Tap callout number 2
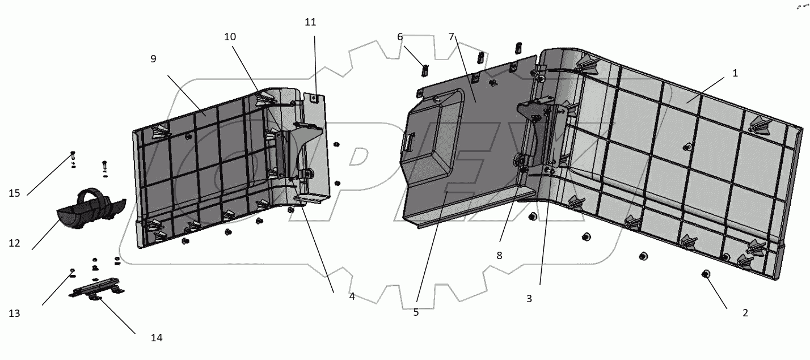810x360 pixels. [745, 313]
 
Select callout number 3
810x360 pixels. [529, 299]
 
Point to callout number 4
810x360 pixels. [352, 296]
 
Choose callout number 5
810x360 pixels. [416, 312]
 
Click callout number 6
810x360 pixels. [400, 37]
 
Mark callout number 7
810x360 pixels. [452, 37]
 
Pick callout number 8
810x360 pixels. [499, 256]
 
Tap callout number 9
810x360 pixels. [153, 58]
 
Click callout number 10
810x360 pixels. [230, 37]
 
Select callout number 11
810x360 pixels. [310, 22]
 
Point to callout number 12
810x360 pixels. [14, 243]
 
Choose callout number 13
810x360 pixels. [14, 313]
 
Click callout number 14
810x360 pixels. [157, 338]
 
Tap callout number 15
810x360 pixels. [14, 193]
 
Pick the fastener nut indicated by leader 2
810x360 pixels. [706, 274]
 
